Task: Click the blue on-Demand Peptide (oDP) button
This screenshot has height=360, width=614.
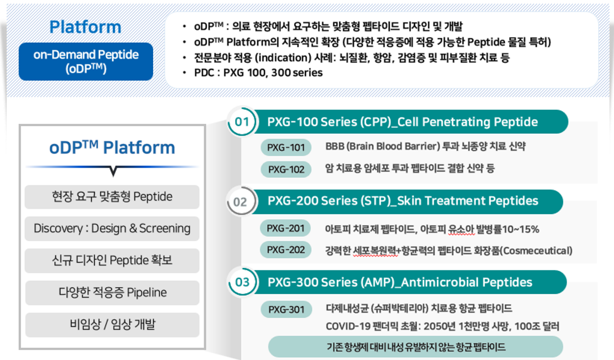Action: coord(86,61)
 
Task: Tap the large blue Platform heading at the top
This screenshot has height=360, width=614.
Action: coord(85,27)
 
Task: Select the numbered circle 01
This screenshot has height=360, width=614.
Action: coord(242,122)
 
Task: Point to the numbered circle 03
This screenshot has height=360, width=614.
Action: coord(242,282)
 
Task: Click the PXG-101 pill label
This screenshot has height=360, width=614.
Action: coord(286,148)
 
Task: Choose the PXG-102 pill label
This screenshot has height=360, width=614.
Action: coord(286,169)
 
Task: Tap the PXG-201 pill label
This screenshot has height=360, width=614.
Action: coord(285,228)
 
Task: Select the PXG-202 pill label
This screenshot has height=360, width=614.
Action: coord(285,250)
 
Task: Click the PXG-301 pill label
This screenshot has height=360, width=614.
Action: coord(286,309)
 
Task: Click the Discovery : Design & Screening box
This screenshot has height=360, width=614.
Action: coord(112,228)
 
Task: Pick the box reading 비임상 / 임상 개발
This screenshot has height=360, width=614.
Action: coord(112,325)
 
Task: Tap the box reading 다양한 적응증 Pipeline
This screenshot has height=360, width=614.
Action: coord(112,293)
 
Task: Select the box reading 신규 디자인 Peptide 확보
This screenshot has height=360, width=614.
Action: coord(112,260)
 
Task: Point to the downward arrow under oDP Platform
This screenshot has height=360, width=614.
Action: coord(113,171)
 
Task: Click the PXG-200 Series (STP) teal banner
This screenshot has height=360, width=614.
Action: coord(407,202)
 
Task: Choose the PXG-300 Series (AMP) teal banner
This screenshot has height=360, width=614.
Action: coord(409,282)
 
